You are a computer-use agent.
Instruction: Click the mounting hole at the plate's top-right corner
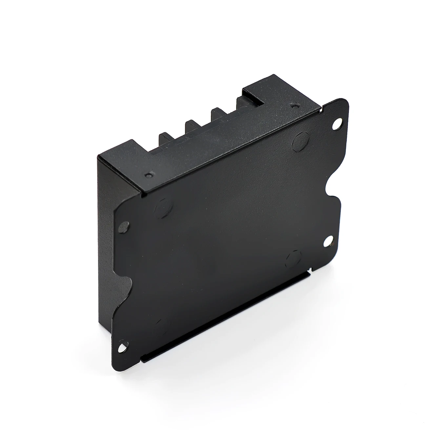[x=337, y=125]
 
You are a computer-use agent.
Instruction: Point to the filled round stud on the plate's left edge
[x=124, y=226]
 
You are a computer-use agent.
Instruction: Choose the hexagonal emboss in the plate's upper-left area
[x=163, y=208]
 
